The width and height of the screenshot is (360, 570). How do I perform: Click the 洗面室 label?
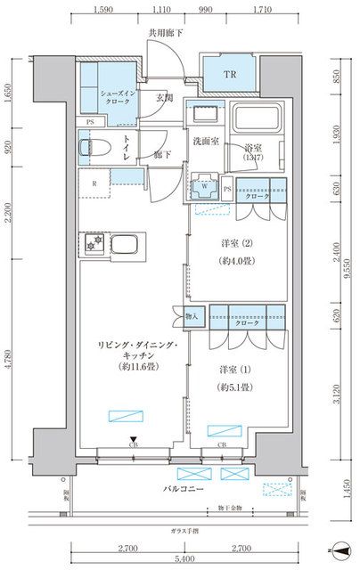click(207, 142)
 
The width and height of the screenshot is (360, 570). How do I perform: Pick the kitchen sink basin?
click(122, 243)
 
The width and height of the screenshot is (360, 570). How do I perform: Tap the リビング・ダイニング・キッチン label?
click(134, 352)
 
